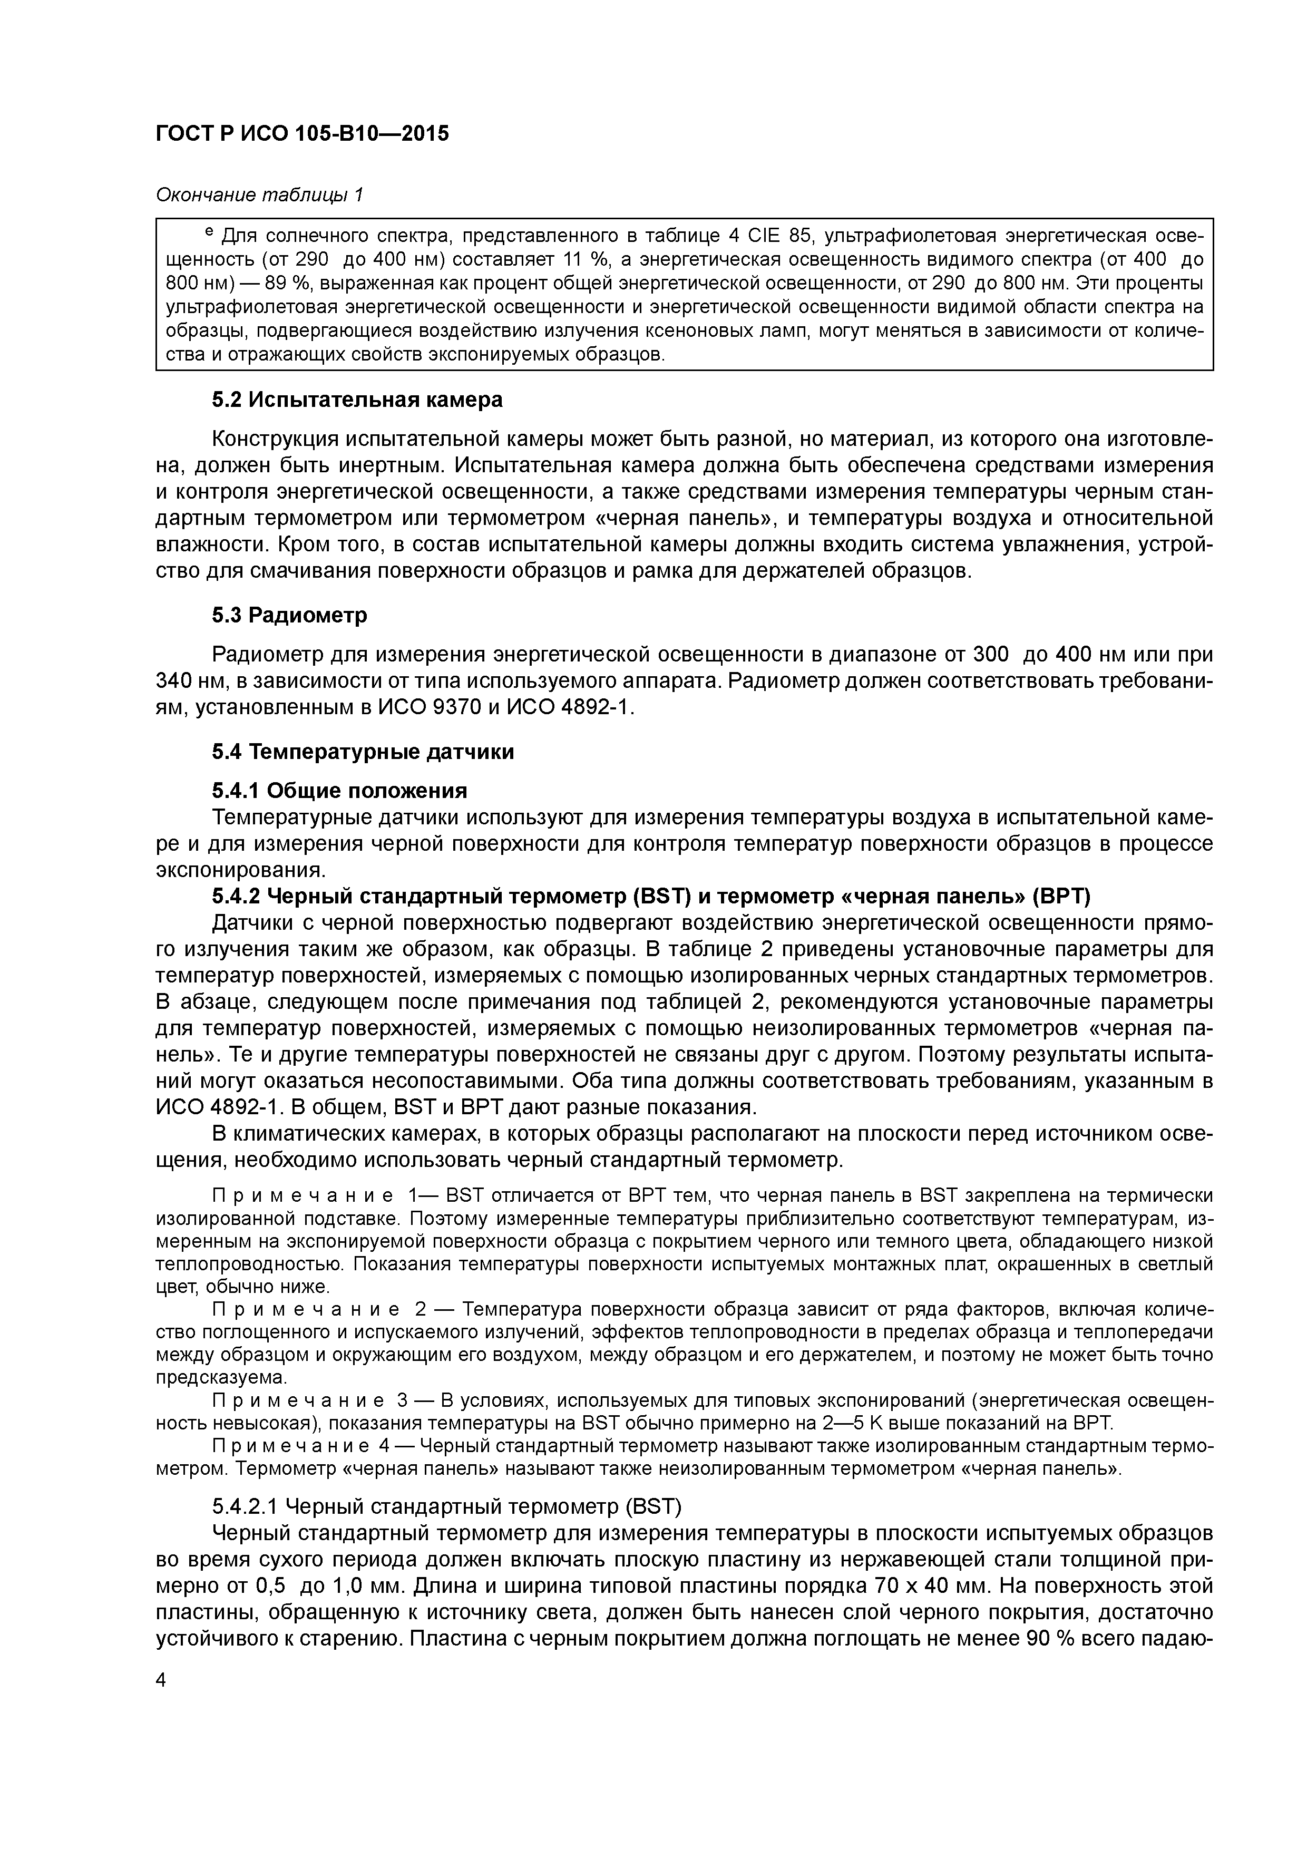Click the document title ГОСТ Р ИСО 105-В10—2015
[x=302, y=134]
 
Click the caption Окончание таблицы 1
[x=259, y=196]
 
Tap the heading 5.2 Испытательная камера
[x=357, y=400]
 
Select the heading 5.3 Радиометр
[x=289, y=615]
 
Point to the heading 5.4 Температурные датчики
[x=363, y=752]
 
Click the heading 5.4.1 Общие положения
[x=339, y=790]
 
